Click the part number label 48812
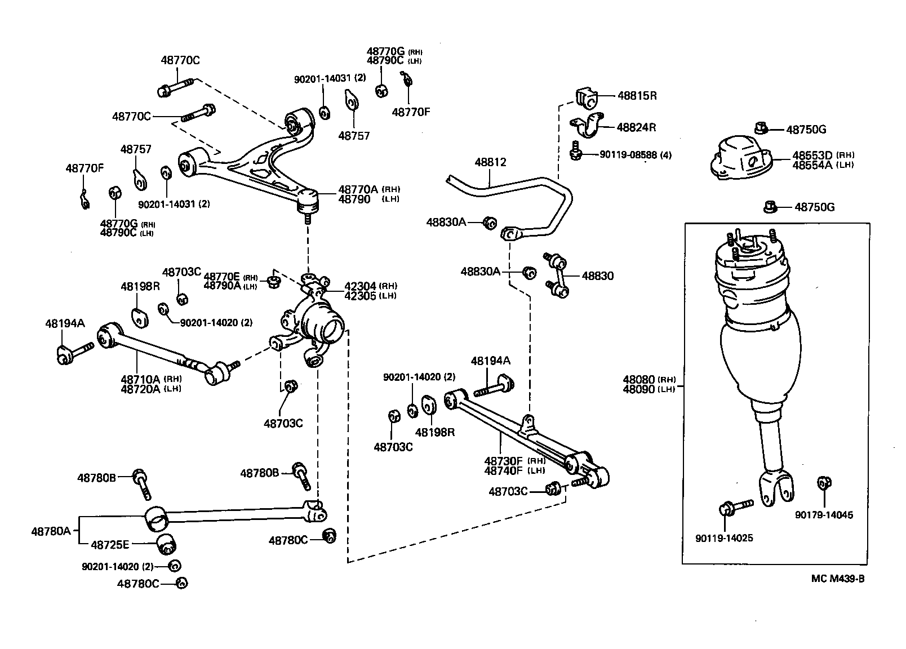tap(490, 162)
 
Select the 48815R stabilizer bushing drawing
tap(588, 98)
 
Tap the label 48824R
tap(636, 127)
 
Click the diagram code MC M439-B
tap(837, 579)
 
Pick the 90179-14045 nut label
tap(824, 515)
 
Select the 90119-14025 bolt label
tap(724, 539)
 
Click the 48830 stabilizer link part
tap(558, 275)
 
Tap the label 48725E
tap(110, 544)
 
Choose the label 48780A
tap(51, 531)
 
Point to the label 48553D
tap(812, 155)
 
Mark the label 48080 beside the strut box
tap(639, 380)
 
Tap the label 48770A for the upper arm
tap(358, 189)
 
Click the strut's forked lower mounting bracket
tap(778, 487)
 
